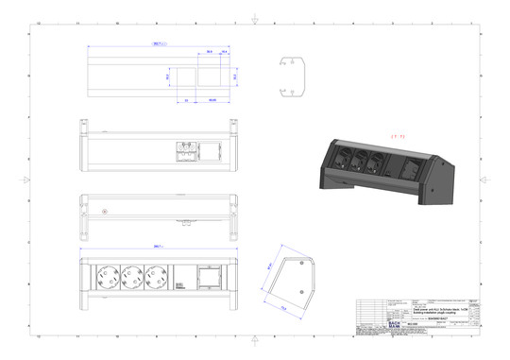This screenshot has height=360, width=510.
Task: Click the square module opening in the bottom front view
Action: point(204,281)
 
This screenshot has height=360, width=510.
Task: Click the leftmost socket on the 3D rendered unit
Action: point(343,158)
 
